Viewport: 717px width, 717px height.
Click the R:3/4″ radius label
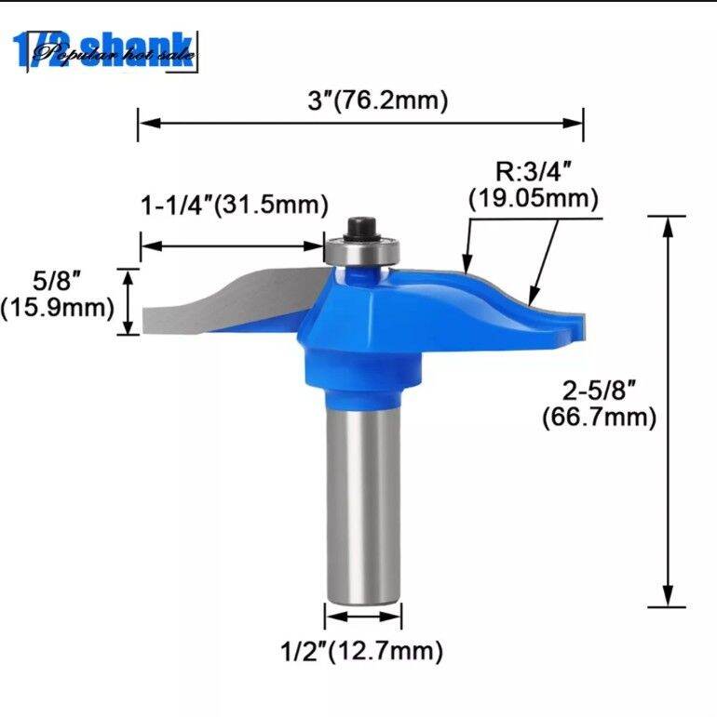532,171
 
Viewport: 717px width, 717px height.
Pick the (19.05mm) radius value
533,197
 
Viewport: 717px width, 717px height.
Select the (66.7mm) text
600,418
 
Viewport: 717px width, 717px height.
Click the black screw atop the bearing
358,228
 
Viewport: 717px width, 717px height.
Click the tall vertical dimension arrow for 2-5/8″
668,409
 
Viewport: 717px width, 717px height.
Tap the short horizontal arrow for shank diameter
363,617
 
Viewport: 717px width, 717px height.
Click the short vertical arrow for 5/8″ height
128,301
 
